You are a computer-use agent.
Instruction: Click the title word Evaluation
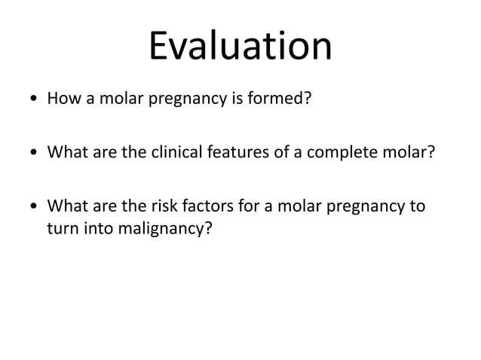pos(240,46)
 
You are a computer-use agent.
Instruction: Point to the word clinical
pos(174,154)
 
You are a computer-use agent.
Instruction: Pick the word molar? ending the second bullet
pos(409,154)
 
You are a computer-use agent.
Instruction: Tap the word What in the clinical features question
pos(66,154)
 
